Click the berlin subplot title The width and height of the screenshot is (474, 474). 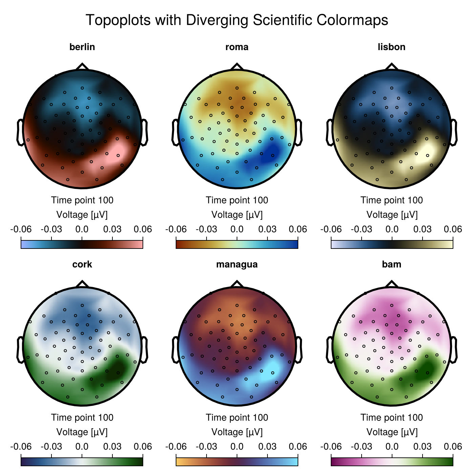[82, 47]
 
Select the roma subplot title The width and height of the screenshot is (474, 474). [237, 47]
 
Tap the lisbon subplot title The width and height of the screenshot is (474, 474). [391, 47]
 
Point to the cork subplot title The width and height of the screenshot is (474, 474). [82, 264]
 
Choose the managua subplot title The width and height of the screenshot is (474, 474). [237, 264]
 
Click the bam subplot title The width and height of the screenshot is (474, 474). [391, 264]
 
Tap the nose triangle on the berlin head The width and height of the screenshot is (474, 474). [82, 66]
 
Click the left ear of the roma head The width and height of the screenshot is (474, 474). [175, 132]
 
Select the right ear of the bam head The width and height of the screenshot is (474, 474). [454, 349]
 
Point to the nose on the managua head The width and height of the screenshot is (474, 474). [237, 284]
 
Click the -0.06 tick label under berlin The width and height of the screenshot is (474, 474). [21, 229]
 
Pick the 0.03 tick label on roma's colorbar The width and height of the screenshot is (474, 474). [267, 229]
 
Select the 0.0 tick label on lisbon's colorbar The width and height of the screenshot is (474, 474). [392, 229]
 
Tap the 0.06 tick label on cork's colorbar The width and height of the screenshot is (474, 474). [143, 447]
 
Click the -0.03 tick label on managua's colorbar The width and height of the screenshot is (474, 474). [206, 447]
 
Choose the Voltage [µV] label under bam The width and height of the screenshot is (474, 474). [392, 432]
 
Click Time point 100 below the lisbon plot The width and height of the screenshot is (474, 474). [391, 200]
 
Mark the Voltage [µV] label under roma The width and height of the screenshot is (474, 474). [237, 215]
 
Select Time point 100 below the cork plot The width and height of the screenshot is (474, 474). [82, 417]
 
